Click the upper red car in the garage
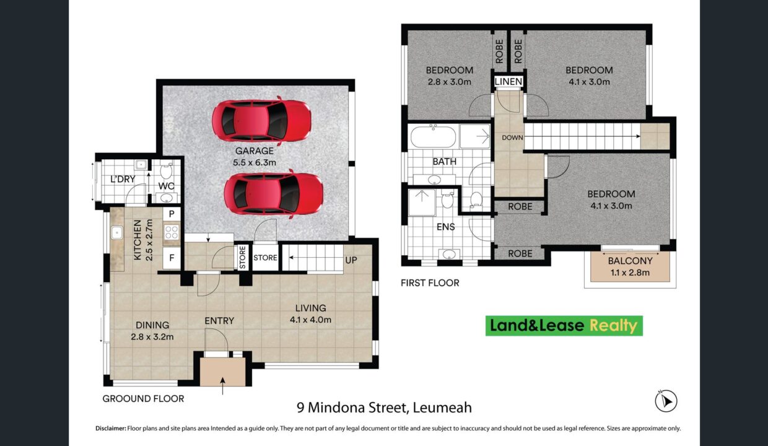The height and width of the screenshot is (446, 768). (x=261, y=120)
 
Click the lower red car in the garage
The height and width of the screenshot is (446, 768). (x=274, y=194)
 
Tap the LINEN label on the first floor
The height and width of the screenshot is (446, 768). (x=508, y=82)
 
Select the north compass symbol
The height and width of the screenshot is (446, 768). (x=666, y=401)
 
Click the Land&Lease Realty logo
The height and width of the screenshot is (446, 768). (x=564, y=326)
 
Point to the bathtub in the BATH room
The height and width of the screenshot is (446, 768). (x=434, y=136)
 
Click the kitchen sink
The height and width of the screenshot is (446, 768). (x=116, y=232)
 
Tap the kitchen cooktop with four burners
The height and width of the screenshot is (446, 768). (x=172, y=232)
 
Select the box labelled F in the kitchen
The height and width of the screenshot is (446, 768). (x=172, y=258)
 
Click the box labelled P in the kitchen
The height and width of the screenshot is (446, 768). (x=172, y=214)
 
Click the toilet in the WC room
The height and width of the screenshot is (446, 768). (x=166, y=170)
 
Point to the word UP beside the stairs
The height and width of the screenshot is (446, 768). (x=351, y=260)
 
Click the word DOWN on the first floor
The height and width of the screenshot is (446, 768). (x=512, y=138)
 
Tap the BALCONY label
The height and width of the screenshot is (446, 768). (x=630, y=261)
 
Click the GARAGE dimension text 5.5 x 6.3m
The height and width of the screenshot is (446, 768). (x=255, y=162)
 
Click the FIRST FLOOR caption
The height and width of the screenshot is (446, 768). (x=430, y=283)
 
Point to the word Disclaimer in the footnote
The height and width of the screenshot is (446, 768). (x=111, y=428)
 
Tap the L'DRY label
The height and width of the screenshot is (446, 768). (x=123, y=179)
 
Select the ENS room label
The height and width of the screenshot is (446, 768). (x=446, y=227)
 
